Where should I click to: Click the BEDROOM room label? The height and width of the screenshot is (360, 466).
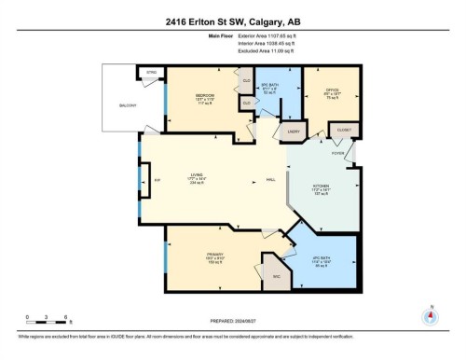pyautogui.click(x=206, y=96)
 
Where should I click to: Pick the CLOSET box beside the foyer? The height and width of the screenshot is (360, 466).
pyautogui.click(x=342, y=132)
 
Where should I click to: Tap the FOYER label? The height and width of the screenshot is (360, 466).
pyautogui.click(x=336, y=152)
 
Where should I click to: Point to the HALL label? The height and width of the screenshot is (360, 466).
pyautogui.click(x=271, y=179)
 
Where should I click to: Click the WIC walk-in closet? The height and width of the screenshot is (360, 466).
pyautogui.click(x=276, y=277)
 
